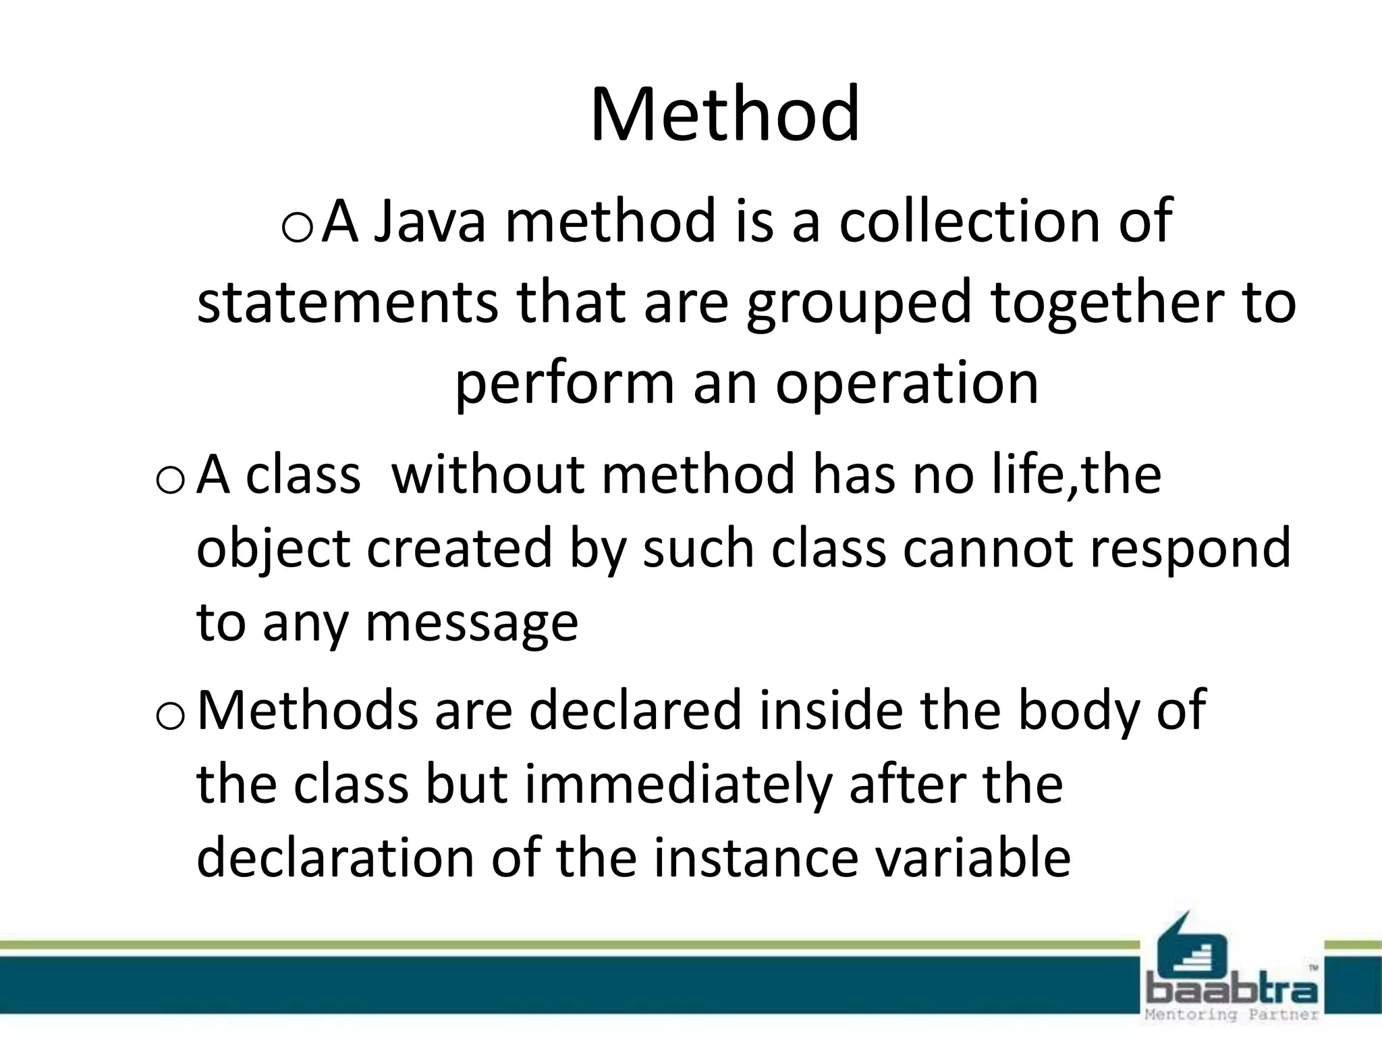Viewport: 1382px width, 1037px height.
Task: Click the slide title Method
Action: pyautogui.click(x=725, y=115)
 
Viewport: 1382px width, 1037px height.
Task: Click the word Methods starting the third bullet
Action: pyautogui.click(x=307, y=710)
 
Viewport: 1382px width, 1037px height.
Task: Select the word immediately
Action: pyautogui.click(x=677, y=785)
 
